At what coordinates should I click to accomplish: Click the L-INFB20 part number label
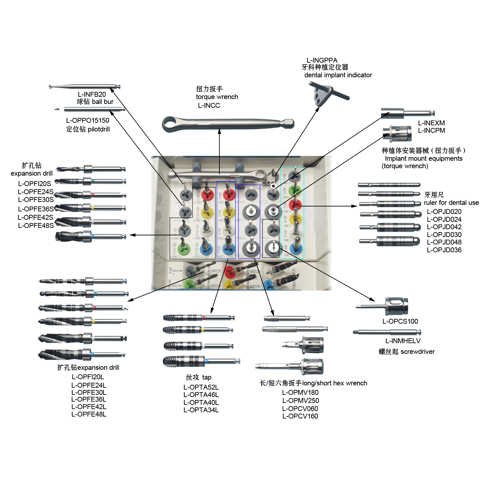[x=92, y=94]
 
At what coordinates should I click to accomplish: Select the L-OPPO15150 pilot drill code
[x=88, y=120]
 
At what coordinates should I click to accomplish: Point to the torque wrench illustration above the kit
[x=228, y=124]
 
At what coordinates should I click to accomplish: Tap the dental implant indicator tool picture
[x=328, y=94]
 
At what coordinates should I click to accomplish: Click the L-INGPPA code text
[x=322, y=60]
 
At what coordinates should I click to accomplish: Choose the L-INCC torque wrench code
[x=209, y=106]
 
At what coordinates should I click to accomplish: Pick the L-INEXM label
[x=431, y=123]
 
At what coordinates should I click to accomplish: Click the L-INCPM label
[x=431, y=131]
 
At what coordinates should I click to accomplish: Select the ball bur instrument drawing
[x=84, y=86]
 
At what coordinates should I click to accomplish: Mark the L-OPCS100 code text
[x=400, y=321]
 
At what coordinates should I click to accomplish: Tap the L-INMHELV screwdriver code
[x=403, y=341]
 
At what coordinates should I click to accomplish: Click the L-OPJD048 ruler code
[x=444, y=242]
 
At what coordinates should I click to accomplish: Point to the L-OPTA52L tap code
[x=201, y=387]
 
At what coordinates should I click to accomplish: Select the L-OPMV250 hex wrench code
[x=300, y=401]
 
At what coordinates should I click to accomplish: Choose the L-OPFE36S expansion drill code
[x=36, y=209]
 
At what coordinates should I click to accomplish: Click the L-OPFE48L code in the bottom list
[x=89, y=414]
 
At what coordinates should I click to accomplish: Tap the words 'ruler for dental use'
[x=451, y=203]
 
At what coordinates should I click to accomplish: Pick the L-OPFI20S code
[x=34, y=184]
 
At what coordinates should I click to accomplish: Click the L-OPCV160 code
[x=300, y=416]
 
